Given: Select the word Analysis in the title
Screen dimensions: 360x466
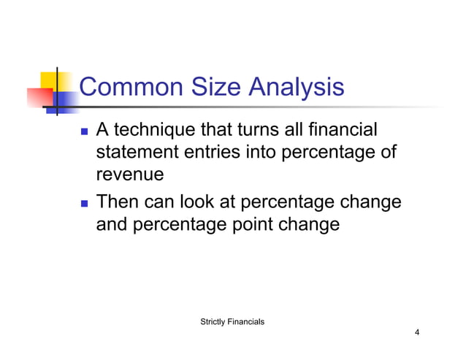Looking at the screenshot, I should coord(297,88).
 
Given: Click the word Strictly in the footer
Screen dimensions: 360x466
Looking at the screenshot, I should coord(214,322).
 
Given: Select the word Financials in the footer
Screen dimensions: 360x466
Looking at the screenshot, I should coord(248,322).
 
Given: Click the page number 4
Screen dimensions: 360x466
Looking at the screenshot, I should coord(416,334).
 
